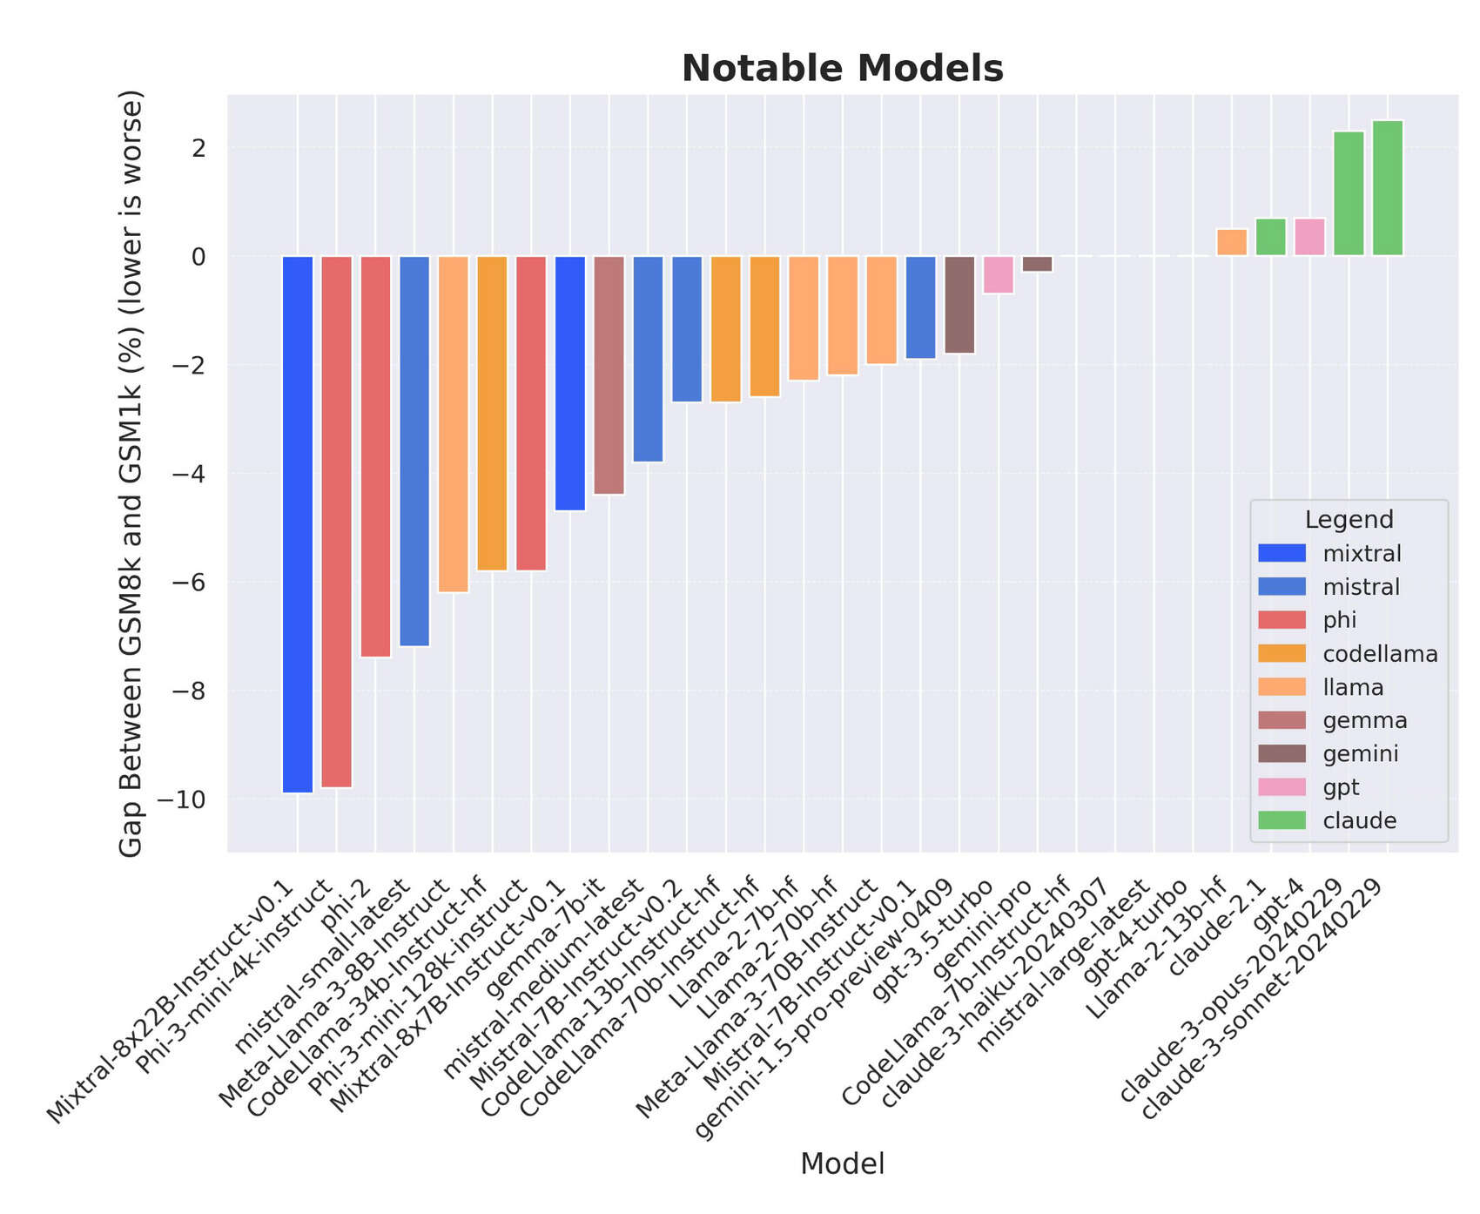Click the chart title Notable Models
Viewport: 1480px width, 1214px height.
842,69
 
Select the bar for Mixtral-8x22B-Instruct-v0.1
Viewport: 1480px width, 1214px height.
298,523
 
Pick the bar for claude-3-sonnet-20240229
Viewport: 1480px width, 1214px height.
1387,188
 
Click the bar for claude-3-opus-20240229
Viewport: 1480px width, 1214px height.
1349,193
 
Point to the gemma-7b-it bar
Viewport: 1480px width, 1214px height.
609,374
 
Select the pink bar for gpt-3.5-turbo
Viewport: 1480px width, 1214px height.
998,274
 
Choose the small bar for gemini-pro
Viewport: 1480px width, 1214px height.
1037,264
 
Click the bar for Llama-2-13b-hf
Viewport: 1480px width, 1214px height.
1231,243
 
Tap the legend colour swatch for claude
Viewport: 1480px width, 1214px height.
1282,820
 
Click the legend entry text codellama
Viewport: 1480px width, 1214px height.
1379,654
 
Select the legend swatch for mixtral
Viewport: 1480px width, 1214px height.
1282,553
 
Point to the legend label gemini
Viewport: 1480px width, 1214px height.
1360,754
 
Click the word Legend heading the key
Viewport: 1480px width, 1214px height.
1349,520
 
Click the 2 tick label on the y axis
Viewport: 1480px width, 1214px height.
199,148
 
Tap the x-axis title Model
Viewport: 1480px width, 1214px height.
842,1163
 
